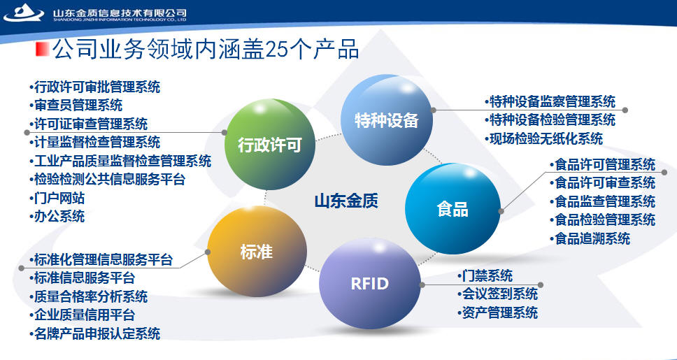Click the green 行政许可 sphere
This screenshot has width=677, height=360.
pyautogui.click(x=270, y=144)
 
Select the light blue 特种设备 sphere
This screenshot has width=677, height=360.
pyautogui.click(x=387, y=120)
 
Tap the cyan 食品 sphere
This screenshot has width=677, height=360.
pyautogui.click(x=452, y=208)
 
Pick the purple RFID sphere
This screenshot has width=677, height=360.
pyautogui.click(x=369, y=283)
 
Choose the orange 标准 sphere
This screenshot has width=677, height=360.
pyautogui.click(x=257, y=251)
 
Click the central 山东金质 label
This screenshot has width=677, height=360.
pyautogui.click(x=345, y=201)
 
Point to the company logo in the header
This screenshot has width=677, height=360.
pyautogui.click(x=24, y=13)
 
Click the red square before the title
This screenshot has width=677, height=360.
pyautogui.click(x=42, y=49)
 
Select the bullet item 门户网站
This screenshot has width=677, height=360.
pyautogui.click(x=57, y=198)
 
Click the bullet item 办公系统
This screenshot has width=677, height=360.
pyautogui.click(x=57, y=216)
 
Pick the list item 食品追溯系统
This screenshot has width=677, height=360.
pyautogui.click(x=590, y=238)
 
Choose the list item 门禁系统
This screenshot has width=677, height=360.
pyautogui.click(x=485, y=275)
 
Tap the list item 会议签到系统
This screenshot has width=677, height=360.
pyautogui.click(x=497, y=294)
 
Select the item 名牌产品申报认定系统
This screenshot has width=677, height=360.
pyautogui.click(x=94, y=333)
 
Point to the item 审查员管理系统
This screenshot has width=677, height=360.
pyautogui.click(x=76, y=104)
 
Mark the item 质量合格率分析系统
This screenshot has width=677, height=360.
pyautogui.click(x=88, y=296)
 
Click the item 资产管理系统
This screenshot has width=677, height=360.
pyautogui.click(x=497, y=312)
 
